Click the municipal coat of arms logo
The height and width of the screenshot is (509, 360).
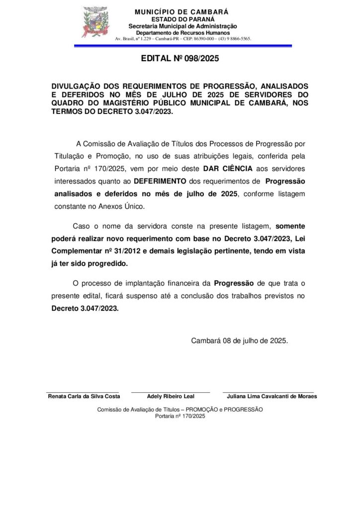pyautogui.click(x=94, y=22)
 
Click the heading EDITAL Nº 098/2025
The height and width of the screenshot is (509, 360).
pyautogui.click(x=180, y=58)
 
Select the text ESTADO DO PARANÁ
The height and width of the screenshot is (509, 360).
pyautogui.click(x=183, y=19)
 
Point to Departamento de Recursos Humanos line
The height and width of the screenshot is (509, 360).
pyautogui.click(x=183, y=32)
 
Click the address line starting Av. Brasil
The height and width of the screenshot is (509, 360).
pyautogui.click(x=183, y=38)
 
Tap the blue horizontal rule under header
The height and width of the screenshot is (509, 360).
pyautogui.click(x=183, y=46)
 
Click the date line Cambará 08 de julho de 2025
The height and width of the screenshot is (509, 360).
pyautogui.click(x=239, y=341)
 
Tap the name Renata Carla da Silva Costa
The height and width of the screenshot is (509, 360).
pyautogui.click(x=84, y=396)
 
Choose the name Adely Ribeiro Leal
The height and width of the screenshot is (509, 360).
pyautogui.click(x=171, y=396)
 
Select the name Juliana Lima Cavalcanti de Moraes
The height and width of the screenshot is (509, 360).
pyautogui.click(x=271, y=396)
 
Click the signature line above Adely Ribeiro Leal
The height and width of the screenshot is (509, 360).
pyautogui.click(x=171, y=392)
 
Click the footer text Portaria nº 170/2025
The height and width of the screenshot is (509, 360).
pyautogui.click(x=180, y=416)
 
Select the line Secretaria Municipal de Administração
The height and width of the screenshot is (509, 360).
pyautogui.click(x=183, y=26)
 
